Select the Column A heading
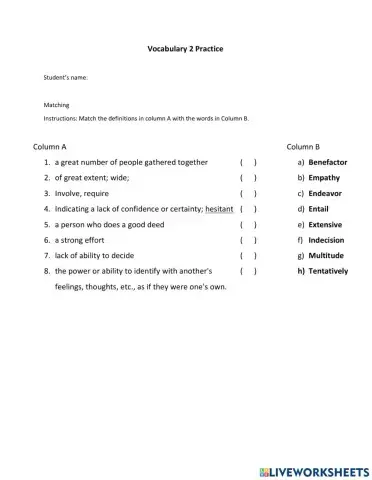click(49, 146)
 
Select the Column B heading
click(303, 146)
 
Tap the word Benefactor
click(328, 162)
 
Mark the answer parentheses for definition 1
click(249, 162)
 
